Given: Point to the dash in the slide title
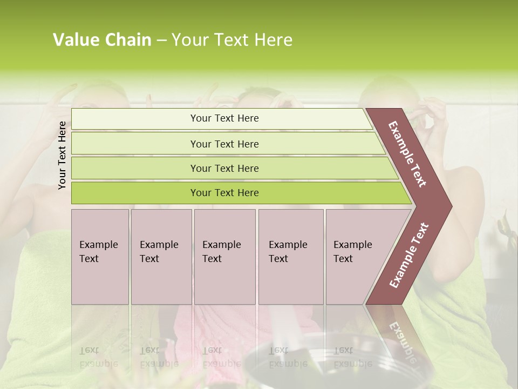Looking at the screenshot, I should (x=161, y=41).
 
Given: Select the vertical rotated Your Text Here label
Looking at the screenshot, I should (x=62, y=155).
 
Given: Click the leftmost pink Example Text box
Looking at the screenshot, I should (x=100, y=257).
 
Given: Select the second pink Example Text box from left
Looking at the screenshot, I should (x=161, y=257).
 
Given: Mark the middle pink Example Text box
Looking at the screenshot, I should (x=224, y=257).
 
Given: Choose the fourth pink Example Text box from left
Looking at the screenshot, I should (x=291, y=257).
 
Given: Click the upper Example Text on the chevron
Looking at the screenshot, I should (x=408, y=154).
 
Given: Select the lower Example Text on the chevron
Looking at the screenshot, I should (x=408, y=256).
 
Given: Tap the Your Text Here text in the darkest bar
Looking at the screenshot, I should (x=224, y=193).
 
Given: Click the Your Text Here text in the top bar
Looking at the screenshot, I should (x=224, y=118).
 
